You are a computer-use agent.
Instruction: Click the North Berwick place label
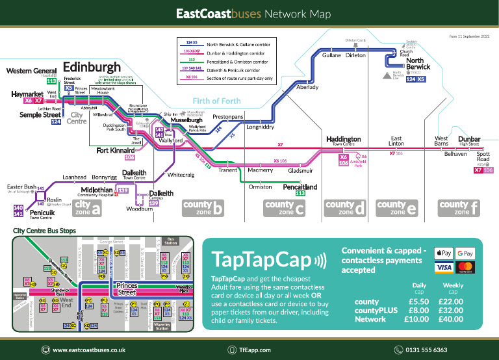[418, 64]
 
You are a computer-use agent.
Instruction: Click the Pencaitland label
[300, 187]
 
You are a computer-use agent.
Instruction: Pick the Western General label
[31, 71]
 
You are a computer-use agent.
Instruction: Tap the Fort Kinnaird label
[116, 150]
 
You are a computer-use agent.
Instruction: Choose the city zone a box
[88, 208]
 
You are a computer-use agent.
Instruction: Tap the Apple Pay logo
[443, 253]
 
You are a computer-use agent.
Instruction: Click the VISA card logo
[443, 268]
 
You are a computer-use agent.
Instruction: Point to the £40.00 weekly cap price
[452, 319]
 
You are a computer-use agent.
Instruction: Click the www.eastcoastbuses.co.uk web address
[88, 350]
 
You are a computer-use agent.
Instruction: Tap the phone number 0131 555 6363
[426, 350]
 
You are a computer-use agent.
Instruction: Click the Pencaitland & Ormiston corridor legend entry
[238, 59]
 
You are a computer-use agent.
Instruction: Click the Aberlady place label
[307, 87]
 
